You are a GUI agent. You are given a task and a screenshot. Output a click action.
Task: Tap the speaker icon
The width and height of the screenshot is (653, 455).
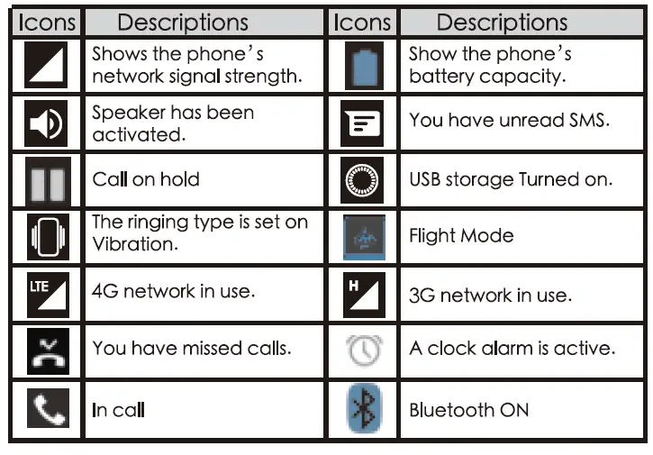pyautogui.click(x=46, y=123)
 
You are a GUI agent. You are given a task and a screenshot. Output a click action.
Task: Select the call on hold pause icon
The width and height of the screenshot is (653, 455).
pyautogui.click(x=46, y=181)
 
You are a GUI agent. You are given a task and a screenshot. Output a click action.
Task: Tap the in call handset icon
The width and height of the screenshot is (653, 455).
pyautogui.click(x=46, y=410)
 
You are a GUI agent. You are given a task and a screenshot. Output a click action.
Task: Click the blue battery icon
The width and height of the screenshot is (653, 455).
pyautogui.click(x=364, y=65)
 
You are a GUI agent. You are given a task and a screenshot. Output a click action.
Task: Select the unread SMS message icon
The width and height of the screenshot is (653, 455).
pyautogui.click(x=364, y=123)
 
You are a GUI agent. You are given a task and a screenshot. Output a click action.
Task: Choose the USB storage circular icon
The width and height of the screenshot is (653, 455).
pyautogui.click(x=364, y=180)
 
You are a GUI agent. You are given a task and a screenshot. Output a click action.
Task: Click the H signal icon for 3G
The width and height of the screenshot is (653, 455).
pyautogui.click(x=364, y=295)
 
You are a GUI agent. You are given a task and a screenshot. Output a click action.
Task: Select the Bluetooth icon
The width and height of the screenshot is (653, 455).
pyautogui.click(x=364, y=410)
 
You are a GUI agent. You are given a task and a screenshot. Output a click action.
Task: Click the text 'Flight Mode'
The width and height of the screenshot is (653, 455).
pyautogui.click(x=461, y=236)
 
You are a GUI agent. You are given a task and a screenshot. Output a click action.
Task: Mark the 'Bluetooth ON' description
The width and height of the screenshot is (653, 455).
pyautogui.click(x=468, y=411)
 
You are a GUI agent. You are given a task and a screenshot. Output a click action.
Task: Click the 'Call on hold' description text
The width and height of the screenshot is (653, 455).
pyautogui.click(x=146, y=179)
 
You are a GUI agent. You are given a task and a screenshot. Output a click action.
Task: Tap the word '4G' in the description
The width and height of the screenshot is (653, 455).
pyautogui.click(x=105, y=293)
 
